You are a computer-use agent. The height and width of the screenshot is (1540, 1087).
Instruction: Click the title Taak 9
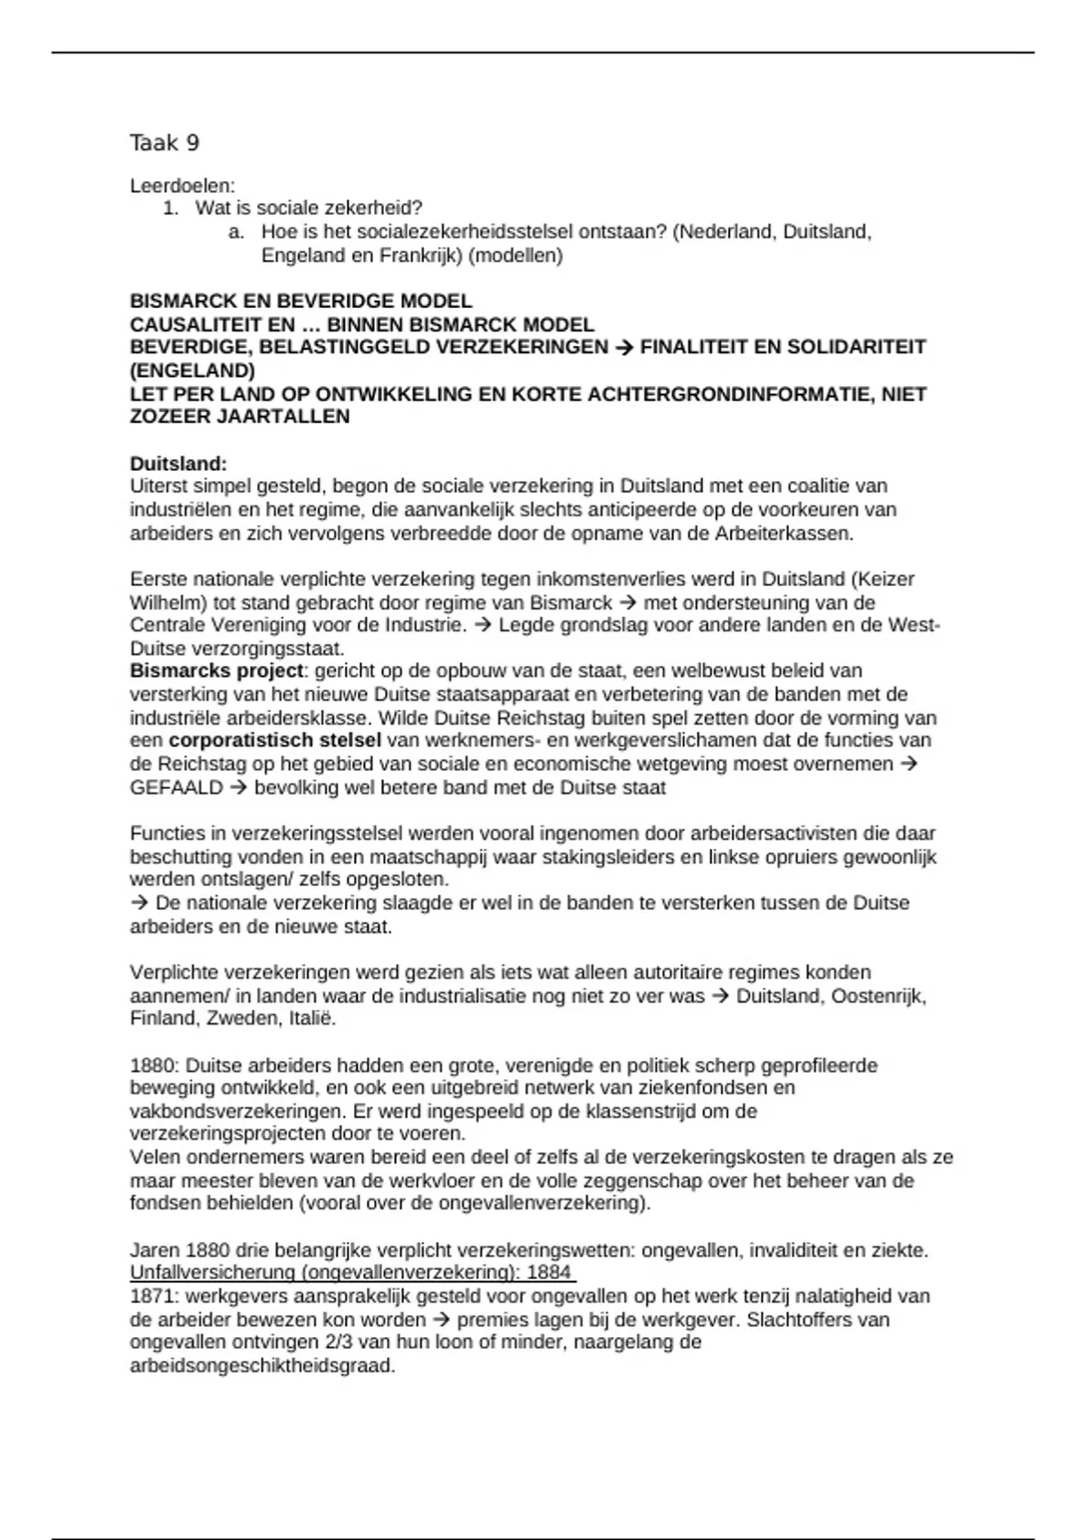(x=164, y=143)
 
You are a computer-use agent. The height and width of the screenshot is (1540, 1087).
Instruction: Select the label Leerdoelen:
(x=182, y=186)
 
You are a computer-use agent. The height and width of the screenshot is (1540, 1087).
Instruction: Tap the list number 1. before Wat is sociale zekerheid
(x=170, y=208)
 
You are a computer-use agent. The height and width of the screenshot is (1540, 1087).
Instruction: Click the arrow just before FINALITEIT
(x=623, y=347)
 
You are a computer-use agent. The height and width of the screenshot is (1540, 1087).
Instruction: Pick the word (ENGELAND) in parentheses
(x=192, y=371)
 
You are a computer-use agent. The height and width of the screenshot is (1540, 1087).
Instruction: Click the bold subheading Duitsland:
(x=178, y=464)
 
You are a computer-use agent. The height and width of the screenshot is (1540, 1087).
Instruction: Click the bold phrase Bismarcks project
(x=216, y=671)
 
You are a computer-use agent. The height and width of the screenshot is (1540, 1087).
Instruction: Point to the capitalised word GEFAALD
(x=176, y=787)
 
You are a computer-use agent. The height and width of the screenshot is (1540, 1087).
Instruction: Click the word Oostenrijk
(x=878, y=996)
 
